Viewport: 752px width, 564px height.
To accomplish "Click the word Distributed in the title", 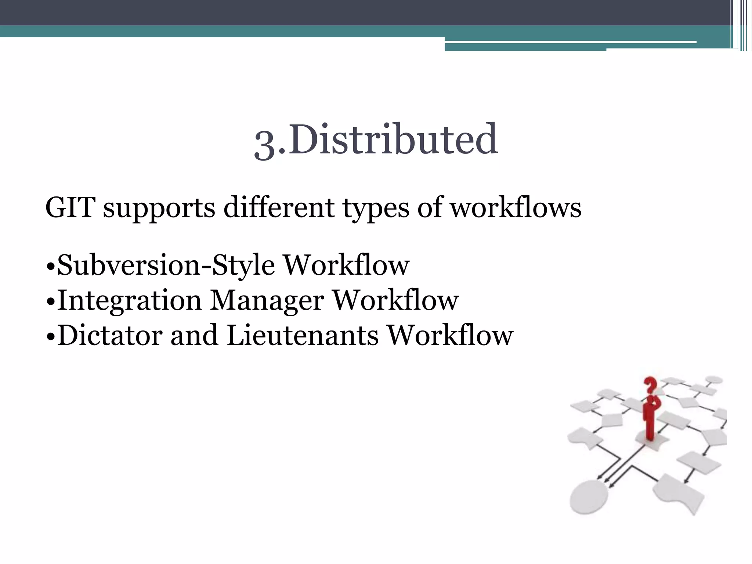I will click(395, 140).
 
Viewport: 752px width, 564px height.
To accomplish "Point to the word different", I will click(279, 208).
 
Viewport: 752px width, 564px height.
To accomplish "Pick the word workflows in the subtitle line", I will click(516, 208).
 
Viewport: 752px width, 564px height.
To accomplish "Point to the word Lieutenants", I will click(303, 335).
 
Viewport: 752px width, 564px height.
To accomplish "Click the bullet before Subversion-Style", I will click(51, 266).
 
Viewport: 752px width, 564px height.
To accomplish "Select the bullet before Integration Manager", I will click(51, 301).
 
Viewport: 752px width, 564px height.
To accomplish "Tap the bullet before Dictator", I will click(51, 336).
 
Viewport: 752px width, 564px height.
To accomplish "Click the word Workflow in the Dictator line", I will click(451, 335).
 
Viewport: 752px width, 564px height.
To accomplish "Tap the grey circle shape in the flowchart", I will click(589, 496).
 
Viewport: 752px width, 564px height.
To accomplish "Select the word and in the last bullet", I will click(194, 335).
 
